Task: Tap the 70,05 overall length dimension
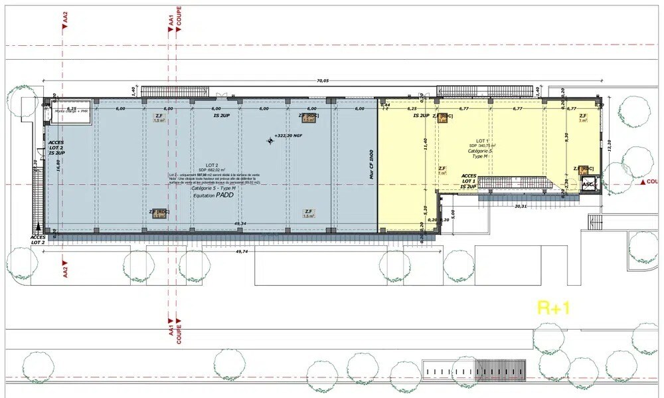pos(321,80)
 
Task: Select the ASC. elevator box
pos(587,185)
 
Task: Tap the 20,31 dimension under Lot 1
pos(521,206)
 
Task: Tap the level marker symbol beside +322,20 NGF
pos(270,140)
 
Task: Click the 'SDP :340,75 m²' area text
pos(483,146)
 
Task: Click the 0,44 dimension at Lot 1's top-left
pos(385,104)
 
